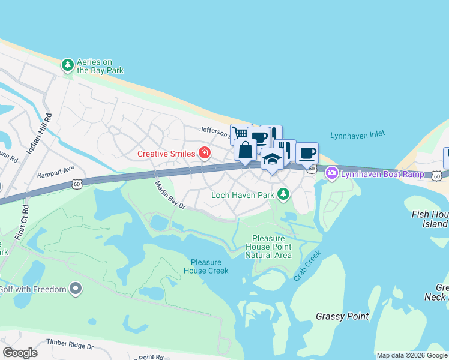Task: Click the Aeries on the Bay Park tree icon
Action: click(x=68, y=64)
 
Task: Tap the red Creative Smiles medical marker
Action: click(x=205, y=153)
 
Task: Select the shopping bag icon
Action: click(x=245, y=150)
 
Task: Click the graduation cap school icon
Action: click(x=272, y=160)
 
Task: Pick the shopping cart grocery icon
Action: click(x=240, y=133)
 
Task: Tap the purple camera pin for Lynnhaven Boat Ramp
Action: click(x=331, y=173)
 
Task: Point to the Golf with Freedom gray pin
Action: click(x=75, y=289)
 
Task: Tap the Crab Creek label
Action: click(x=307, y=265)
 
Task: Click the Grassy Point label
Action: click(x=342, y=316)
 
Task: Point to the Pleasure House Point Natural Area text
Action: click(x=268, y=247)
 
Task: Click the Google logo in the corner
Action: click(x=20, y=353)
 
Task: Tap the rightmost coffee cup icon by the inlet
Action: click(x=307, y=153)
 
